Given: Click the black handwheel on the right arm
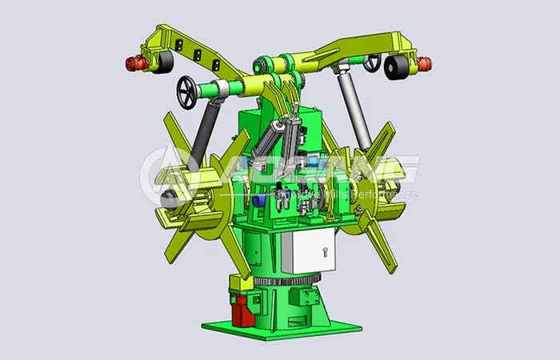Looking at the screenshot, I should point(372,62).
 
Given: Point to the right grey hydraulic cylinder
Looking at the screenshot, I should point(350,108).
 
